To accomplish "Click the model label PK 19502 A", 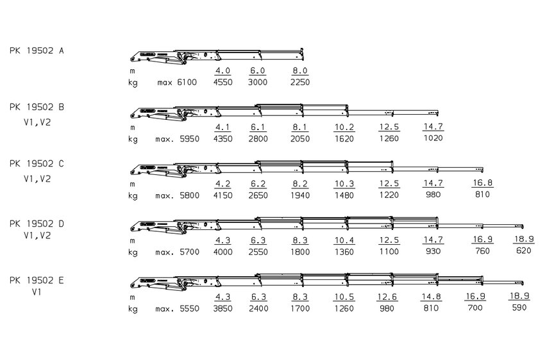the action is coord(37,51).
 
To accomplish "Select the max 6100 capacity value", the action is coord(177,83).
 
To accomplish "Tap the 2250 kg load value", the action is coord(300,83).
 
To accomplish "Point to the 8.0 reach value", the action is coord(300,70).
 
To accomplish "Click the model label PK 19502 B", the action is coord(37,108).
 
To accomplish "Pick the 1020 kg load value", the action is coord(433,138).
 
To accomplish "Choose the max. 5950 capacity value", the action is coord(177,139).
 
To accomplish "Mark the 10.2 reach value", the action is coord(344,127).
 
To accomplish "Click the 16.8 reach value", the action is coord(482,183).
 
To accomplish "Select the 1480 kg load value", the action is coord(344,195).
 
